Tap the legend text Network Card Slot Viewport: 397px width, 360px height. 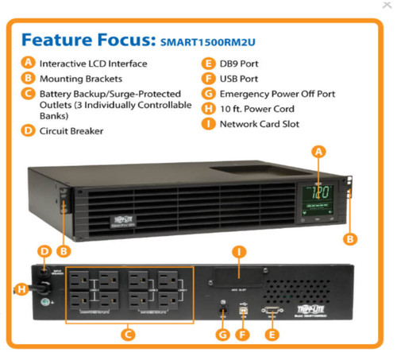point(260,124)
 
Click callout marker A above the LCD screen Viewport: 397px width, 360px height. point(319,150)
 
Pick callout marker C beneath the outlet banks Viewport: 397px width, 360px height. point(127,335)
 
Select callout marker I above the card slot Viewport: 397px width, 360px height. point(237,252)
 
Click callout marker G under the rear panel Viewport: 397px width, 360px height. point(223,335)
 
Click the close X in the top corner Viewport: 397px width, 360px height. point(386,6)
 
